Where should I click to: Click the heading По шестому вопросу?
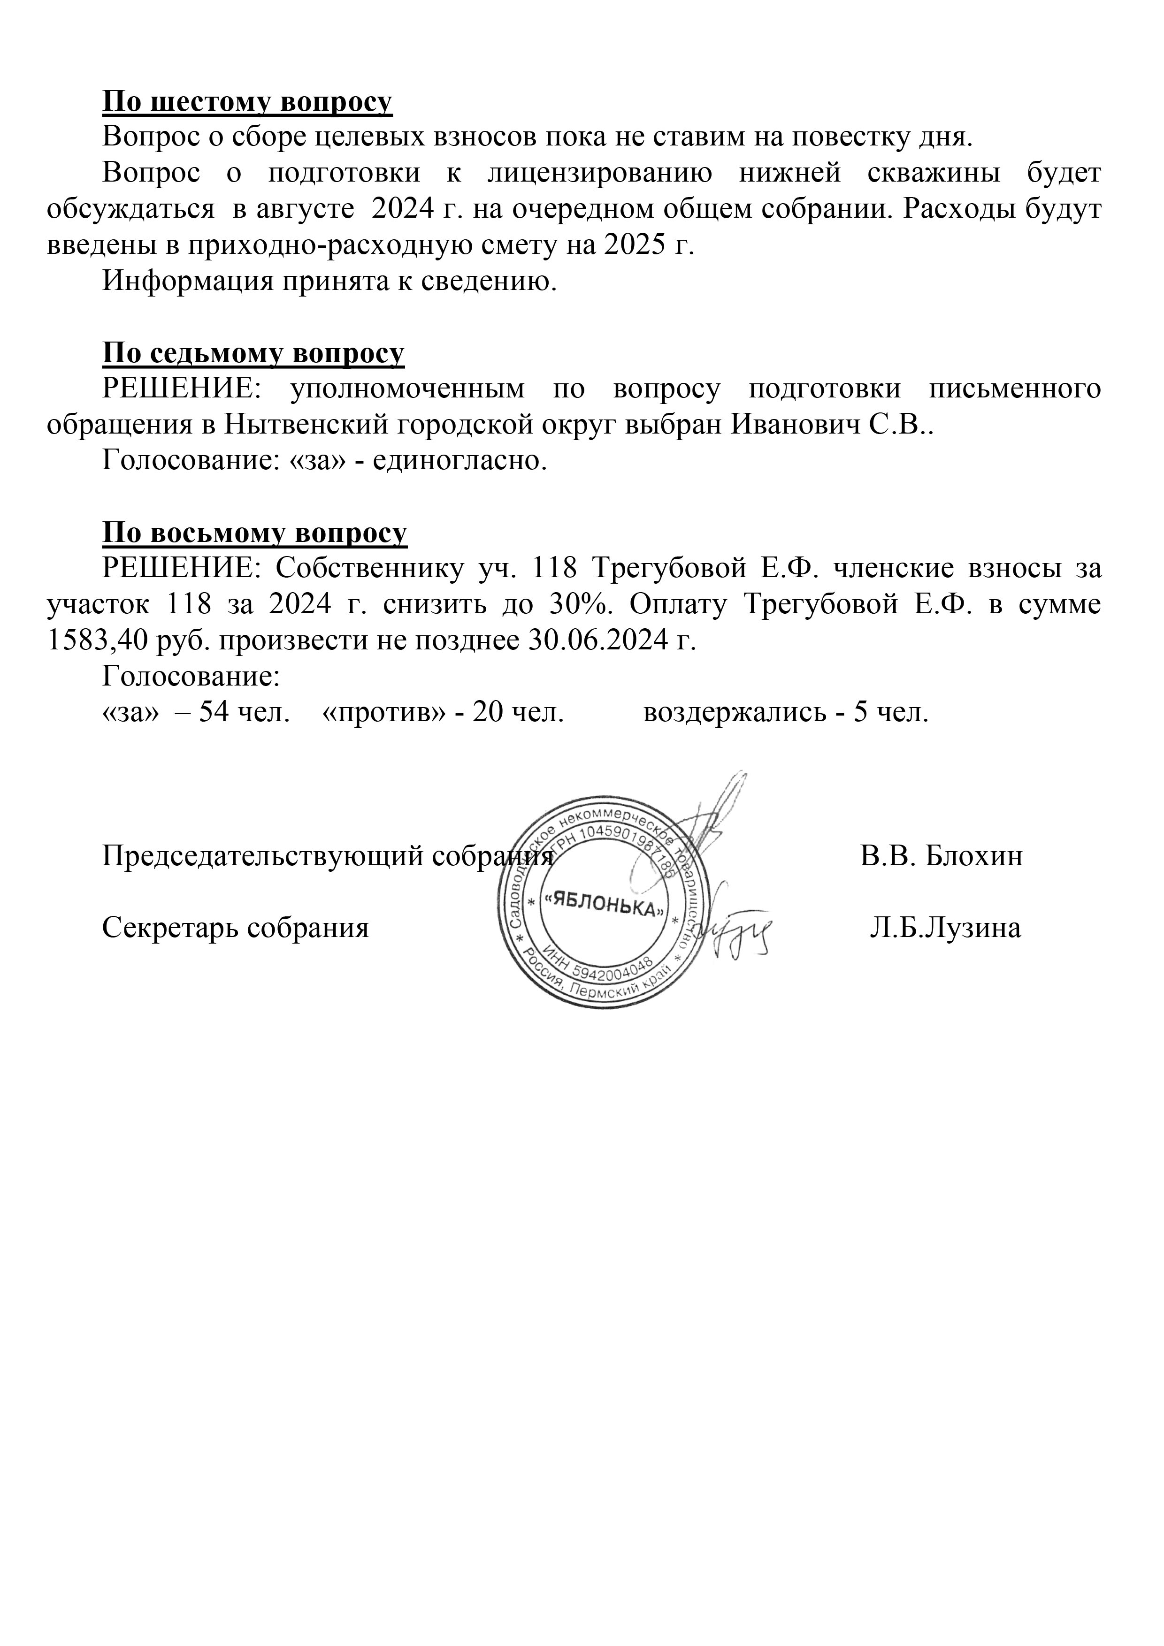(247, 102)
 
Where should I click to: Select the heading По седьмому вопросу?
(253, 353)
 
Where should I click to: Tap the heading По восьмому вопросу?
(254, 532)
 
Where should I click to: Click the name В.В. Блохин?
(941, 856)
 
